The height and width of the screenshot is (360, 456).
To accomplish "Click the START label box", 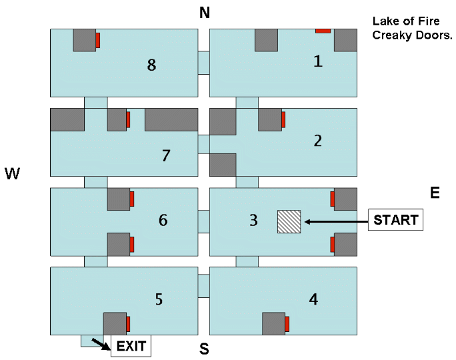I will (x=396, y=220).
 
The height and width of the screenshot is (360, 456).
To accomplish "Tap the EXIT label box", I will (x=131, y=345).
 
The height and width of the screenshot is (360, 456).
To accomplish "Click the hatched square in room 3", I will (x=289, y=221).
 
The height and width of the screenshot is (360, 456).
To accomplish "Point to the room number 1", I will (x=318, y=62).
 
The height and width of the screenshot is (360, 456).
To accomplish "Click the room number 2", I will (x=318, y=141).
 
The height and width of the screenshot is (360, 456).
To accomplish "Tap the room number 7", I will (x=167, y=156).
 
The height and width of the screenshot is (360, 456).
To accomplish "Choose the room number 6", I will (x=163, y=220).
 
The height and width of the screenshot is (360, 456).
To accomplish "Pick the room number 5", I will (x=159, y=299).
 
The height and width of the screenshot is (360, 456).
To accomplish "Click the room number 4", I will (x=313, y=299).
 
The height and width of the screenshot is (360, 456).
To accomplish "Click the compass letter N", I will (x=205, y=13).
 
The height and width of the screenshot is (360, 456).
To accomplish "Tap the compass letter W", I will (x=13, y=175).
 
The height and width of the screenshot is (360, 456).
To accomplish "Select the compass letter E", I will (x=435, y=193).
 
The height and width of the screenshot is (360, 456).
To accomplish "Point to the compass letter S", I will (x=205, y=349).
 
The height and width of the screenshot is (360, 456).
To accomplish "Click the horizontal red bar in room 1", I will (x=323, y=31).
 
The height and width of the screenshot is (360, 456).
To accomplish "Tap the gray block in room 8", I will (x=85, y=40).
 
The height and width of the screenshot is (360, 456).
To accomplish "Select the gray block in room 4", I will (x=273, y=323).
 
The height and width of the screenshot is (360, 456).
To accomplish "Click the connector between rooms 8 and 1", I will (x=204, y=63).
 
